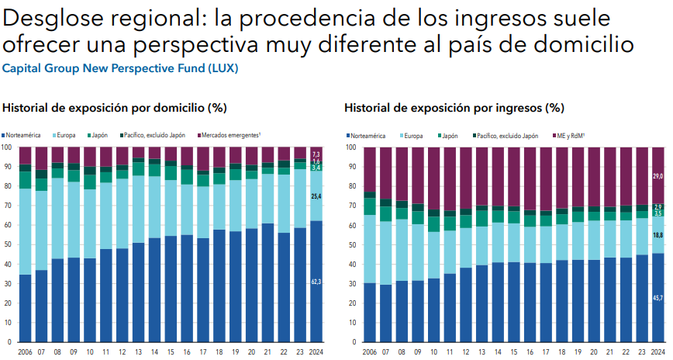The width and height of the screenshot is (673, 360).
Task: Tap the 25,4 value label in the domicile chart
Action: pos(316,197)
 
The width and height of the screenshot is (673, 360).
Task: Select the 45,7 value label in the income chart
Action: pos(657,298)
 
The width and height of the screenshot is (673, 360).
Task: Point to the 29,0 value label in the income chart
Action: pos(657,177)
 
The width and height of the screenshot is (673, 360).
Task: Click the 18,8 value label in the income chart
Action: pos(657,235)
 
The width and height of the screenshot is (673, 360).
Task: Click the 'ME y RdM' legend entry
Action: pos(570,135)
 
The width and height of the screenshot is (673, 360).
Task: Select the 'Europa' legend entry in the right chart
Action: pos(412,135)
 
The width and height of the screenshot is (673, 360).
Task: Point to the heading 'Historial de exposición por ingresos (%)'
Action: pos(454,108)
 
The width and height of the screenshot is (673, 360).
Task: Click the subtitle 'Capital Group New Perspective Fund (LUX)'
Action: pos(120,68)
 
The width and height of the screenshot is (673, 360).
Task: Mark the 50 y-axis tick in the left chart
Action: pos(7,244)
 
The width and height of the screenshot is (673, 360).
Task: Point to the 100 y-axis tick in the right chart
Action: pos(350,147)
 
